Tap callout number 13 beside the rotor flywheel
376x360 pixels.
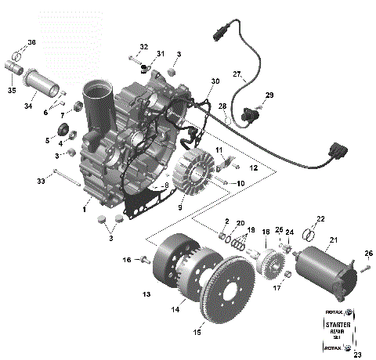tap(146, 294)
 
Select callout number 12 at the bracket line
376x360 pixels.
tap(252, 168)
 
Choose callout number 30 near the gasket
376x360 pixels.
tap(215, 82)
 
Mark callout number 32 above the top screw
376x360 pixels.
tap(144, 48)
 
